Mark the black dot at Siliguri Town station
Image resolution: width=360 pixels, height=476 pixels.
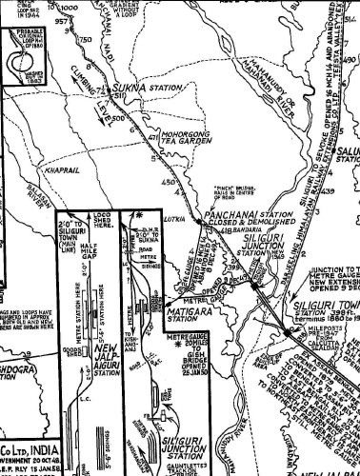(x=288, y=330)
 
